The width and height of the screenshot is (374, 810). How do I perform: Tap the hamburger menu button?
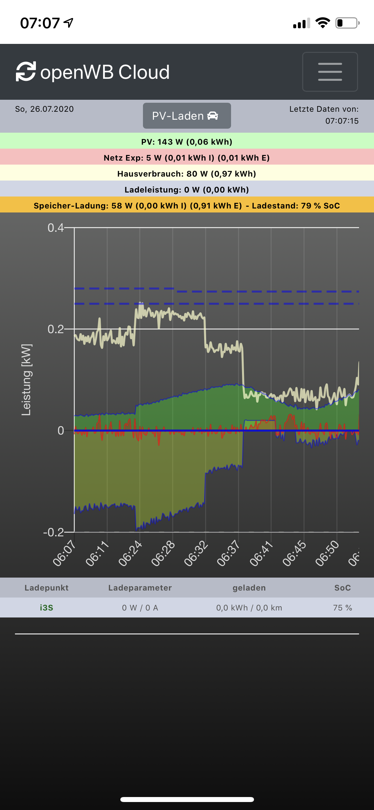330,71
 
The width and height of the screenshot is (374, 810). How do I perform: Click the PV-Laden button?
187,116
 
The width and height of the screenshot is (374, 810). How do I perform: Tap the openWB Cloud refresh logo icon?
26,71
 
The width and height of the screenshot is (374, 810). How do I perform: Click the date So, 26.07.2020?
44,109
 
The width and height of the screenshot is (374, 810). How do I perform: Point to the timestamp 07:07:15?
342,121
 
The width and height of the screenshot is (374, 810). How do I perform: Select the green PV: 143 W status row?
187,142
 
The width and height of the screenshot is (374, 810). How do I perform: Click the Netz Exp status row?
187,158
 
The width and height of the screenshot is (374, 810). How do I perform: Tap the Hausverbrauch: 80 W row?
187,174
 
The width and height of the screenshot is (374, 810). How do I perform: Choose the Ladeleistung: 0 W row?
187,190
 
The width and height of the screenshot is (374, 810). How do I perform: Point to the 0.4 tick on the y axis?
56,228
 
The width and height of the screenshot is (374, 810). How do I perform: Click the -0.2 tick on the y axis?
54,532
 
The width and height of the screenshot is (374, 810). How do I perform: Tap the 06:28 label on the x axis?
163,553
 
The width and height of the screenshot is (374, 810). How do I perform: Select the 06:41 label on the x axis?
262,553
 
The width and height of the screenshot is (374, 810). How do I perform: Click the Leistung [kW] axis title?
26,380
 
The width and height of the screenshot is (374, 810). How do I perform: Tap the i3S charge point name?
47,608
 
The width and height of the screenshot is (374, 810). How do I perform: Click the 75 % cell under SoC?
342,608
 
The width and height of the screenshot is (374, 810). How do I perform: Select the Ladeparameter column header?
140,588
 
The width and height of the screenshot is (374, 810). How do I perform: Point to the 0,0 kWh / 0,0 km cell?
249,608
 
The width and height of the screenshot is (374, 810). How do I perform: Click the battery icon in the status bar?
347,23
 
